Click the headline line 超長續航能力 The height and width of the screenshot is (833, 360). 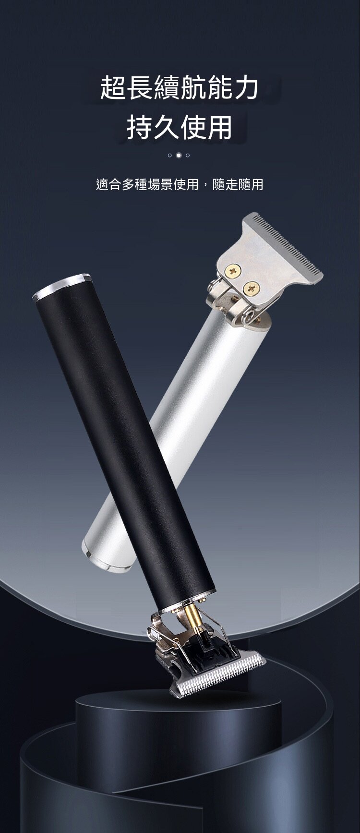pos(180,87)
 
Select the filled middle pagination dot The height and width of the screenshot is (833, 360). pos(179,155)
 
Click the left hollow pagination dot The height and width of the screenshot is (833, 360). pos(170,155)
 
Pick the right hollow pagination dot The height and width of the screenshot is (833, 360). pos(188,155)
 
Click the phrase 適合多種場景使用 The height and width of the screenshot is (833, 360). pos(147,184)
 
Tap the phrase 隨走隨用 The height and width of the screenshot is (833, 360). pos(238,184)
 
